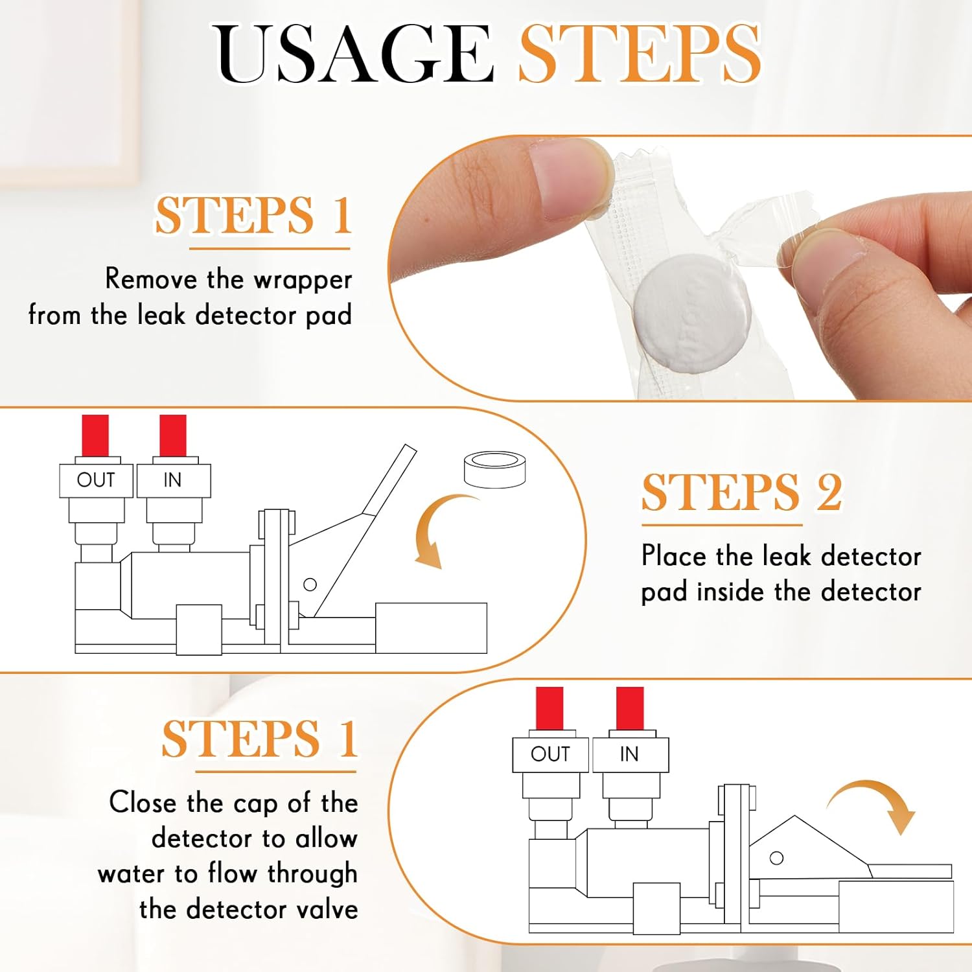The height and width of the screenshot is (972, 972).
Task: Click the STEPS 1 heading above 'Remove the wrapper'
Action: pyautogui.click(x=253, y=216)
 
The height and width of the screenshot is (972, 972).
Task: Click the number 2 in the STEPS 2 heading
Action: pyautogui.click(x=829, y=492)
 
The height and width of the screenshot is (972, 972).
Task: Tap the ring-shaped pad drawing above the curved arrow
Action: pyautogui.click(x=495, y=470)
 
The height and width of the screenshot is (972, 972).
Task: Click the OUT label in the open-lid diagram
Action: pyautogui.click(x=96, y=480)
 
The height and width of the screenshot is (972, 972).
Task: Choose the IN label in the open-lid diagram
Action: pyautogui.click(x=172, y=480)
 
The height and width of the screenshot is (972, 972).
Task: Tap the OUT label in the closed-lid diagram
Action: pyautogui.click(x=550, y=754)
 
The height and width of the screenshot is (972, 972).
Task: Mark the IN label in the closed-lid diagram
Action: pyautogui.click(x=629, y=754)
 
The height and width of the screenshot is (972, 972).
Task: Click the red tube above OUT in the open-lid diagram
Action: pyautogui.click(x=95, y=435)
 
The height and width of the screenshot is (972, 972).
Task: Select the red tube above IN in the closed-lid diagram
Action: pyautogui.click(x=630, y=708)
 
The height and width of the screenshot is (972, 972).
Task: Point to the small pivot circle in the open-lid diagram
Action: pyautogui.click(x=310, y=584)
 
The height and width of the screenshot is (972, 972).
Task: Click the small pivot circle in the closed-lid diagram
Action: pyautogui.click(x=776, y=858)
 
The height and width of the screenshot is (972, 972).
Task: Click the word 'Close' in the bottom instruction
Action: pyautogui.click(x=143, y=803)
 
